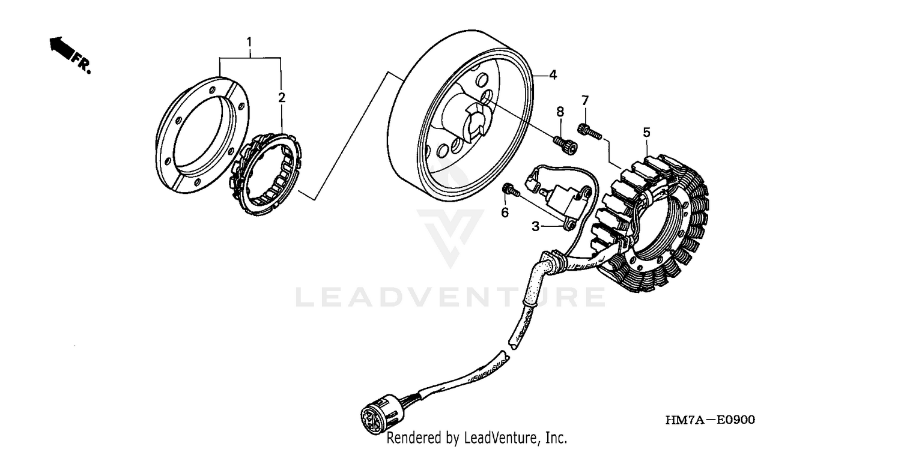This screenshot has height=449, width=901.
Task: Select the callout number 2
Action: [x=282, y=97]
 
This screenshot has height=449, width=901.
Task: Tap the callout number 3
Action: [x=536, y=226]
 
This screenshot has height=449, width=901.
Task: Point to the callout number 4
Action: [x=553, y=75]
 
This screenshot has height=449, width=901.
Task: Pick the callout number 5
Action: [x=646, y=131]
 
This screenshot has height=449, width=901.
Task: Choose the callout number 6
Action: [x=505, y=212]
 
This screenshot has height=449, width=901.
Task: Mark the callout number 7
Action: [x=584, y=99]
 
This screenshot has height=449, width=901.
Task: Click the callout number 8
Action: [x=560, y=111]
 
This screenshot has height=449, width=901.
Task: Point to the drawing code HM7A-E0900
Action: [x=710, y=420]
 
